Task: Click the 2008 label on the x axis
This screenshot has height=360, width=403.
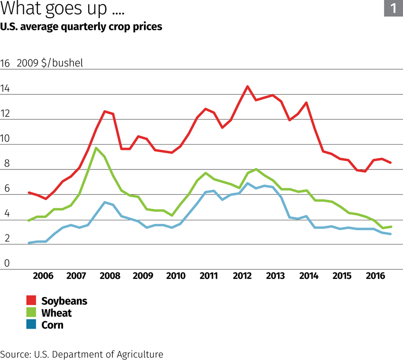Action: [x=109, y=276]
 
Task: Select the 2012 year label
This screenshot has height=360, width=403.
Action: [x=242, y=276]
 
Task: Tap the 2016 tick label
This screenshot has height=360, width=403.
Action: [x=375, y=276]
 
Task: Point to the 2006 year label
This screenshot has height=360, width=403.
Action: [x=43, y=276]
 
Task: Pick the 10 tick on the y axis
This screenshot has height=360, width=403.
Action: [x=6, y=139]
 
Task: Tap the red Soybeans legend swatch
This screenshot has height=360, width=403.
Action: [x=32, y=301]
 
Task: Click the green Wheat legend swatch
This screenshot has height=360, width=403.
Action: [x=32, y=313]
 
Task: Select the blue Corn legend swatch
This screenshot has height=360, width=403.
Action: [x=32, y=325]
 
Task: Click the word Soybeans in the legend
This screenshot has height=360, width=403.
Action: [x=64, y=301]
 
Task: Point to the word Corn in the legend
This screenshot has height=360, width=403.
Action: [x=52, y=325]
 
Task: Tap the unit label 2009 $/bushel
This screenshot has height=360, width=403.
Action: [x=50, y=64]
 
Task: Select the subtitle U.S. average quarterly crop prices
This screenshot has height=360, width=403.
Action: [x=81, y=26]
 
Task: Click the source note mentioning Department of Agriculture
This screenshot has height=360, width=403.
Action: [x=82, y=354]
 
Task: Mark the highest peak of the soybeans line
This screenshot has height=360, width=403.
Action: [x=247, y=86]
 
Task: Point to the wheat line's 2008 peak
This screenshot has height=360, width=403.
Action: [x=96, y=148]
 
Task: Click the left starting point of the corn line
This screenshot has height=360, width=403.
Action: [x=29, y=243]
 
